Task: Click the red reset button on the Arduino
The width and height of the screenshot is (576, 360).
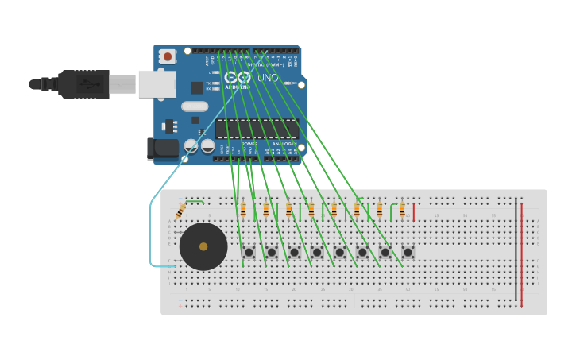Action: click(167, 56)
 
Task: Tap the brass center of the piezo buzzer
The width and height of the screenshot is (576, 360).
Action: click(203, 246)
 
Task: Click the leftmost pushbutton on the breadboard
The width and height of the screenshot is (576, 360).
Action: click(249, 253)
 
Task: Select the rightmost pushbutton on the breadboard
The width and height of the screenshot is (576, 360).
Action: click(408, 253)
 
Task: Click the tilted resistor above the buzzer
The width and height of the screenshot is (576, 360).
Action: click(180, 211)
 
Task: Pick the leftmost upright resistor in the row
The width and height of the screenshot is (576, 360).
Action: click(243, 210)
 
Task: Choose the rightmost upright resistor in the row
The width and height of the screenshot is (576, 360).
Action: click(402, 210)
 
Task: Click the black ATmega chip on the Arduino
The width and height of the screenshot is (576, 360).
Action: click(256, 129)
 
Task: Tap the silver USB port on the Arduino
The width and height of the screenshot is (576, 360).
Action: click(157, 83)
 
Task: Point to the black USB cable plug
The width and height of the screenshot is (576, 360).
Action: click(84, 84)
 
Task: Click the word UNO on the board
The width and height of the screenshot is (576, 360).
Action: click(268, 78)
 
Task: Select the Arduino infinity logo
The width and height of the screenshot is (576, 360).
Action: click(237, 77)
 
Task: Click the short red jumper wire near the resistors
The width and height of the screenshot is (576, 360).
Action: click(413, 211)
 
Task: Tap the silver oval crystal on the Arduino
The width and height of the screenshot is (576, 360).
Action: click(195, 106)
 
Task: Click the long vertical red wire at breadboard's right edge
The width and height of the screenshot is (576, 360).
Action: click(521, 254)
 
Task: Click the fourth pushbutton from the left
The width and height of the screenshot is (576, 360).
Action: click(317, 253)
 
